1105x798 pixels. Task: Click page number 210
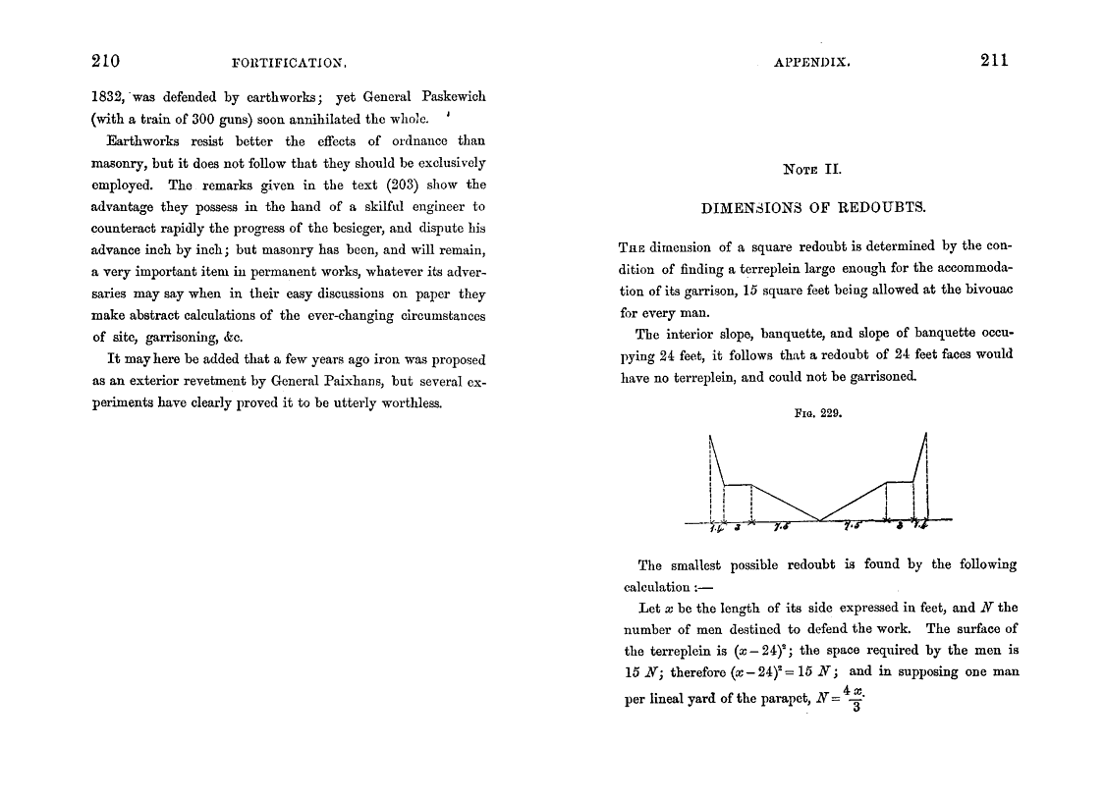(x=105, y=61)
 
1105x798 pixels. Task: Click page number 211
(x=994, y=61)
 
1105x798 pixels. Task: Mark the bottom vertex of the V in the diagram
(x=819, y=521)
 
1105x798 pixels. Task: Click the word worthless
(x=405, y=401)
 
